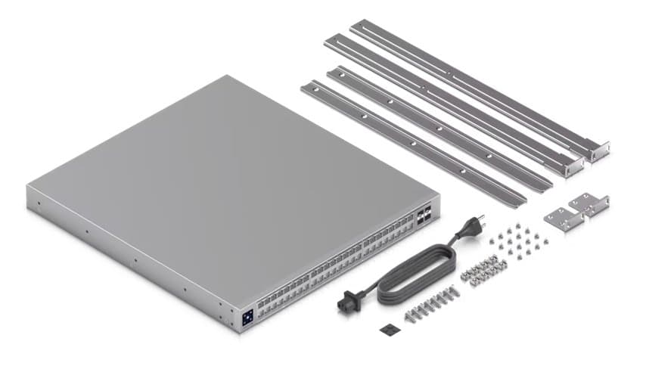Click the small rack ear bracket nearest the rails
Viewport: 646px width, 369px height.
tap(590, 203)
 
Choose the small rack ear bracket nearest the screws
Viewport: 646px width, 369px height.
tap(564, 219)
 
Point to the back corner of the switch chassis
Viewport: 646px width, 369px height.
tap(228, 76)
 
